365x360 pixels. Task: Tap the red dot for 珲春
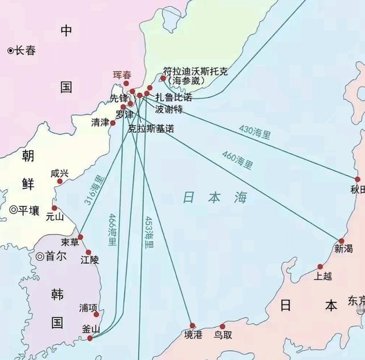(x=127, y=84)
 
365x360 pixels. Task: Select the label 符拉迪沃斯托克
(x=196, y=72)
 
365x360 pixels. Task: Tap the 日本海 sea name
(x=216, y=198)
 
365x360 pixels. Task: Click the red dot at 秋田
(x=358, y=179)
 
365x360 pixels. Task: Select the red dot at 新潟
(x=342, y=241)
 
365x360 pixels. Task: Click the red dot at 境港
(x=192, y=326)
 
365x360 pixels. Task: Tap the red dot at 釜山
(x=90, y=338)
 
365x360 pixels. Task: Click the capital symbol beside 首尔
(x=40, y=256)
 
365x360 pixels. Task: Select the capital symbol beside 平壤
(x=13, y=210)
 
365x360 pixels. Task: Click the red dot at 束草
(x=80, y=237)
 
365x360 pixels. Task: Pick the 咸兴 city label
(x=59, y=173)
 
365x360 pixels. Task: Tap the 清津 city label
(x=100, y=122)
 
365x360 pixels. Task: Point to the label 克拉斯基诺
(x=151, y=129)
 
